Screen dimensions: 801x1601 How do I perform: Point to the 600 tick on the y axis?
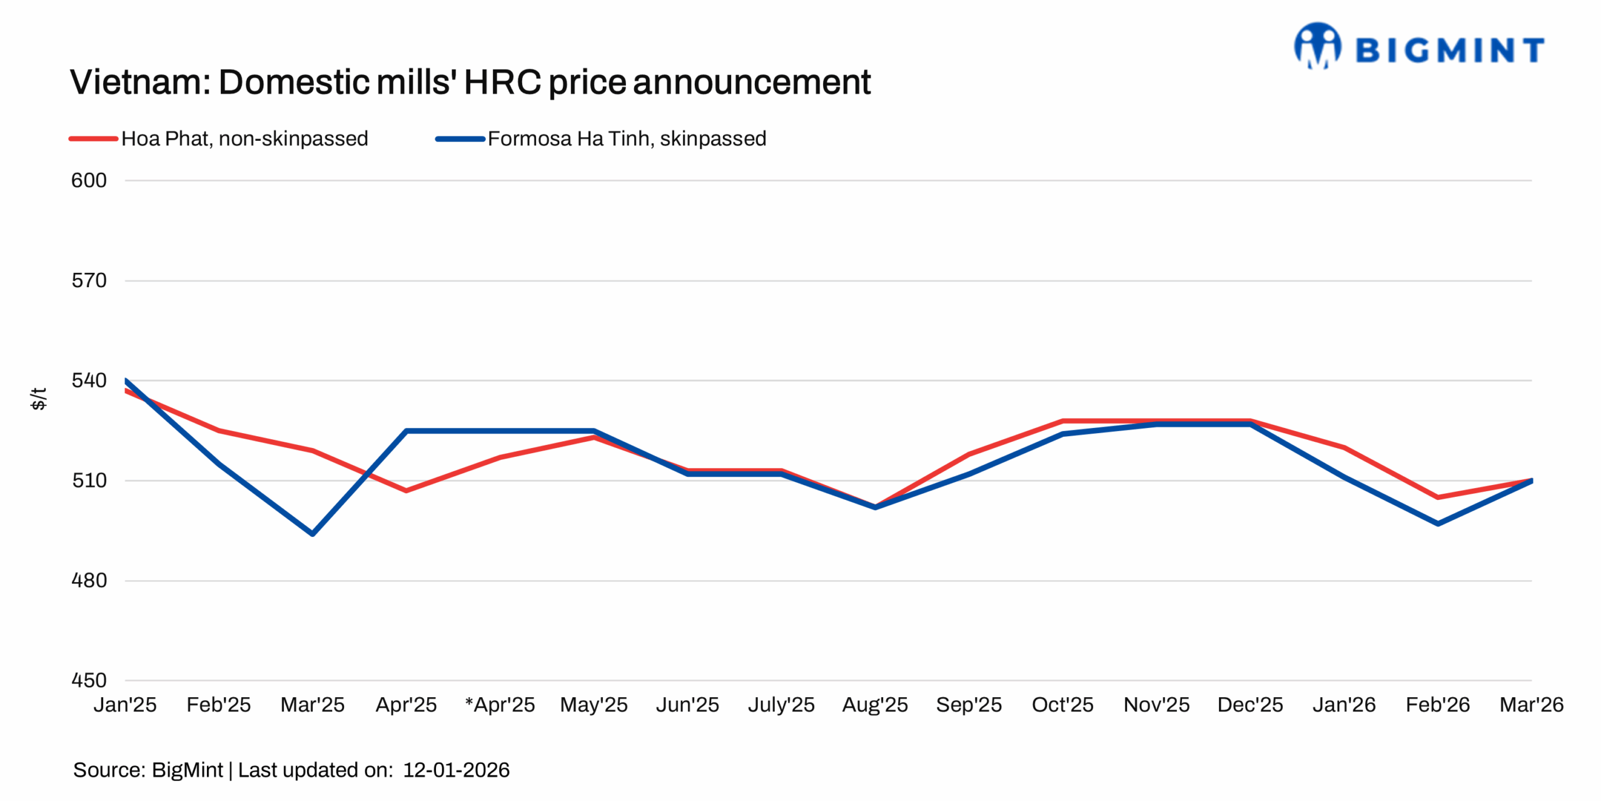coord(89,180)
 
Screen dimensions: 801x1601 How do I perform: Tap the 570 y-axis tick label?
coord(89,280)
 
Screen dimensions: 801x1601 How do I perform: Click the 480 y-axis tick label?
coord(89,580)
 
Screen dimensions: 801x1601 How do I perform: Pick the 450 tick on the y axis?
coord(89,680)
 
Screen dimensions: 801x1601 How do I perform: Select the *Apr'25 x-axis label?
coord(500,705)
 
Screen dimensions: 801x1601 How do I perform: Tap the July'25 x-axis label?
coord(781,705)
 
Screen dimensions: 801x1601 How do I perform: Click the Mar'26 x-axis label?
coord(1531,705)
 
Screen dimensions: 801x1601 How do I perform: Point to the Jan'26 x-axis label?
coord(1344,705)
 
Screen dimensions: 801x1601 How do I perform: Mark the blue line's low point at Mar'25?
coord(312,534)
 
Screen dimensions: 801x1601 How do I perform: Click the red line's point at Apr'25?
coord(406,491)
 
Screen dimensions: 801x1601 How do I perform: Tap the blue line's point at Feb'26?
coord(1438,523)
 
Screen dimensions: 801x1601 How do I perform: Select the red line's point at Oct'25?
coord(1063,421)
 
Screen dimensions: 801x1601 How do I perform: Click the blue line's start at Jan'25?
coord(126,380)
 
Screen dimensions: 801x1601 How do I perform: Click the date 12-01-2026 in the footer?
coord(456,770)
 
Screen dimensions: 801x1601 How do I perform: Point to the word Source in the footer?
coord(108,770)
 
